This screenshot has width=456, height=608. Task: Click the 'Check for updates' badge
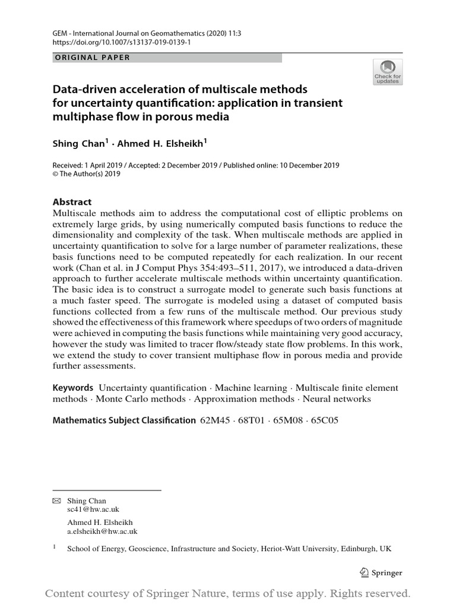pos(387,72)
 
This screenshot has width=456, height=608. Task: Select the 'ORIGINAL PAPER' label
pos(92,58)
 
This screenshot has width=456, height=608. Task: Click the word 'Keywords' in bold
pos(73,388)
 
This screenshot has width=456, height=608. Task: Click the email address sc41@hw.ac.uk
pos(93,509)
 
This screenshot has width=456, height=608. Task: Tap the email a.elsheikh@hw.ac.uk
pos(102,531)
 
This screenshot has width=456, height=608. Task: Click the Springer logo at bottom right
pos(381,573)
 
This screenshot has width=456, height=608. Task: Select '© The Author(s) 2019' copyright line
pos(87,174)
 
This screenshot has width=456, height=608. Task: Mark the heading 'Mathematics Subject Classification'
pos(124,420)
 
